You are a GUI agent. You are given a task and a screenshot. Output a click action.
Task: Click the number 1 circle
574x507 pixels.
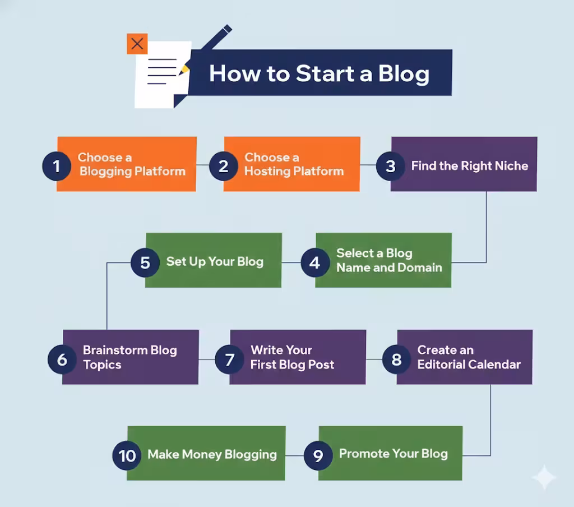(x=57, y=166)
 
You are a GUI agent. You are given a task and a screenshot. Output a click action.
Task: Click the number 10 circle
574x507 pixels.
(x=127, y=455)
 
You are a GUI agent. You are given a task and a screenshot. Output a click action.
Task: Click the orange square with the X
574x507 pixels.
(x=137, y=44)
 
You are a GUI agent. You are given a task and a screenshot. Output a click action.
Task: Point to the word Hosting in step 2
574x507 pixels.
(x=266, y=172)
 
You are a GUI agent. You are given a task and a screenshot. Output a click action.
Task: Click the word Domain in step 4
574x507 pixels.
(x=420, y=268)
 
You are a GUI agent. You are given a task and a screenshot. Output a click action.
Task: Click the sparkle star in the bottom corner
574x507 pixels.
(x=544, y=477)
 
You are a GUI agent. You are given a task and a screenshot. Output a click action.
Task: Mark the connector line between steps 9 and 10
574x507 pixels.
(x=294, y=455)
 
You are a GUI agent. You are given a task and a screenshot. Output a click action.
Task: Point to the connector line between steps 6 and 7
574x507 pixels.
(x=207, y=359)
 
